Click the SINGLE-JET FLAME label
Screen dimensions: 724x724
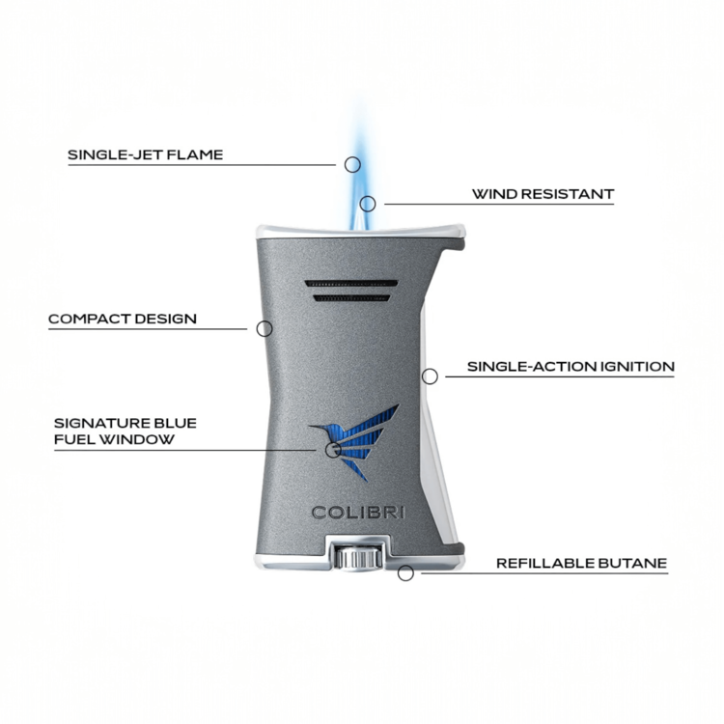tap(146, 154)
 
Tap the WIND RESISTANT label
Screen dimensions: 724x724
tap(543, 194)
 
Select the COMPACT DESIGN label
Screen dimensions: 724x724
tap(123, 319)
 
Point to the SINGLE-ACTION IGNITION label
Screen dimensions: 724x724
tap(571, 367)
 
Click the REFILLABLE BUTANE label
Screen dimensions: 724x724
tap(582, 564)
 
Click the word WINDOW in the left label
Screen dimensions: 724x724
tap(137, 439)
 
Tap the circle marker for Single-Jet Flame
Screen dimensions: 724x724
tap(352, 164)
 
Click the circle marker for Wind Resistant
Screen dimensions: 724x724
tap(368, 204)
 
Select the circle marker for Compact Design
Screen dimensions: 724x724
tap(265, 329)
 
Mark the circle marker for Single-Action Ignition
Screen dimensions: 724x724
tap(430, 376)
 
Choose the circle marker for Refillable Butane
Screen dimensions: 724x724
tap(405, 573)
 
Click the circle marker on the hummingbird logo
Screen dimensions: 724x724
tap(332, 449)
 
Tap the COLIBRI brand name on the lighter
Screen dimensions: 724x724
tap(358, 513)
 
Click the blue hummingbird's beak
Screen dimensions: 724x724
tap(317, 427)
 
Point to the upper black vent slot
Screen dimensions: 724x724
tap(351, 283)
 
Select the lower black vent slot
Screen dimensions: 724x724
tap(351, 298)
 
